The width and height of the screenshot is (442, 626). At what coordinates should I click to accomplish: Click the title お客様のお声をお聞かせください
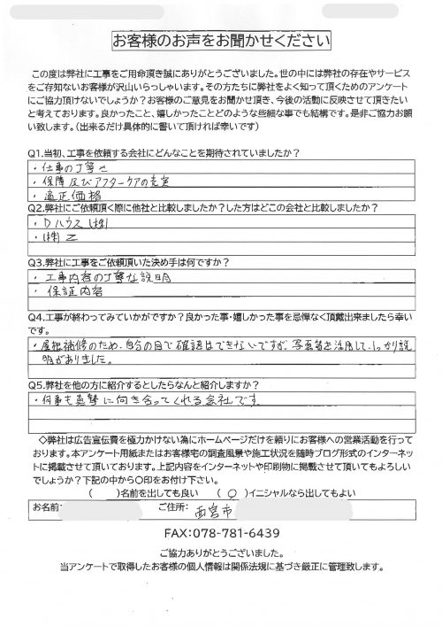[x=220, y=41]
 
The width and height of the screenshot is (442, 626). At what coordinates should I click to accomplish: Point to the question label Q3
[x=37, y=263]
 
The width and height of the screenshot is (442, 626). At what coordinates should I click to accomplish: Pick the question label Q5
[x=37, y=386]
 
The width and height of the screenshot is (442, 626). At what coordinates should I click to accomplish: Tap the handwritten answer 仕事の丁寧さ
[x=74, y=143]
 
